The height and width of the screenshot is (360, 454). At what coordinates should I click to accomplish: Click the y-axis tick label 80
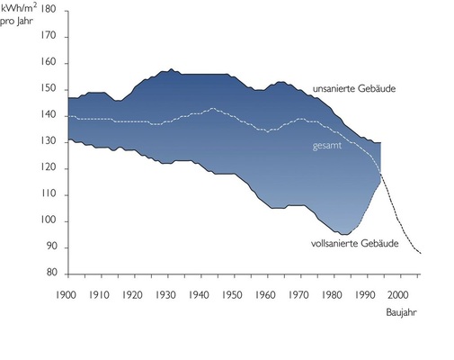point(51,274)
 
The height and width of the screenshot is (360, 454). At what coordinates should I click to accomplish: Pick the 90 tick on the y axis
point(51,247)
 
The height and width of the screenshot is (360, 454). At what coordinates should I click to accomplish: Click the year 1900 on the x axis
point(67,294)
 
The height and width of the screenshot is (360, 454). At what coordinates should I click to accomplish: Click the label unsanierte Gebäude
point(354,89)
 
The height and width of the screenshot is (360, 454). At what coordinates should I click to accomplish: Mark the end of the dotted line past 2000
point(419,254)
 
